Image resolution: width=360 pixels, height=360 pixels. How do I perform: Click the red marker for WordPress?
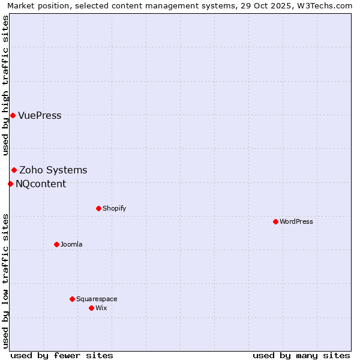pyautogui.click(x=275, y=222)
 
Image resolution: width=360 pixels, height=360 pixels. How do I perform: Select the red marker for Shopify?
pyautogui.click(x=98, y=209)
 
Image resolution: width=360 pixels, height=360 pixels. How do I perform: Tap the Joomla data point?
pyautogui.click(x=56, y=244)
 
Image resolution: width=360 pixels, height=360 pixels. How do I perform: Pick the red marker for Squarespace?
pyautogui.click(x=72, y=299)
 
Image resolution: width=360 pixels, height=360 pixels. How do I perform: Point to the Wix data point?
pyautogui.click(x=91, y=308)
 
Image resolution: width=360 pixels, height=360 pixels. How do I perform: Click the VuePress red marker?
pyautogui.click(x=13, y=115)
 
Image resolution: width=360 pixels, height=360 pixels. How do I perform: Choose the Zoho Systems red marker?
pyautogui.click(x=14, y=170)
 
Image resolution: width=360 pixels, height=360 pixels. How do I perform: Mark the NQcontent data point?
pyautogui.click(x=10, y=184)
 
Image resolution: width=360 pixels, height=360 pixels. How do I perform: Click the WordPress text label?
pyautogui.click(x=296, y=222)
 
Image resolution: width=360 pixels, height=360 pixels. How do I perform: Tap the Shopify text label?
pyautogui.click(x=115, y=209)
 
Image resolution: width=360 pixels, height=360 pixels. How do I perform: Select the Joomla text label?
pyautogui.click(x=71, y=245)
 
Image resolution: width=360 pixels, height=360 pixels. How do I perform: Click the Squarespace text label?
pyautogui.click(x=97, y=299)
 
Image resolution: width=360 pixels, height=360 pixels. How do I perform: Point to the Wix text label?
pyautogui.click(x=101, y=308)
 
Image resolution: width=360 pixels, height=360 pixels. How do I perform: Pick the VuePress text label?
pyautogui.click(x=40, y=116)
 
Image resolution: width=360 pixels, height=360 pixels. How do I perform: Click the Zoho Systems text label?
pyautogui.click(x=53, y=170)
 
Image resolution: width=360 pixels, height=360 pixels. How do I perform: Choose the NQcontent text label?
pyautogui.click(x=41, y=184)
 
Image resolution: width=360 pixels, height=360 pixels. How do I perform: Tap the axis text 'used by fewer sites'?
pyautogui.click(x=62, y=355)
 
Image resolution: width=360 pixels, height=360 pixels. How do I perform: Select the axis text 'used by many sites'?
pyautogui.click(x=301, y=355)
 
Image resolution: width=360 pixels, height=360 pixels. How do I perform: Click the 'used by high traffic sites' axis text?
pyautogui.click(x=6, y=86)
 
